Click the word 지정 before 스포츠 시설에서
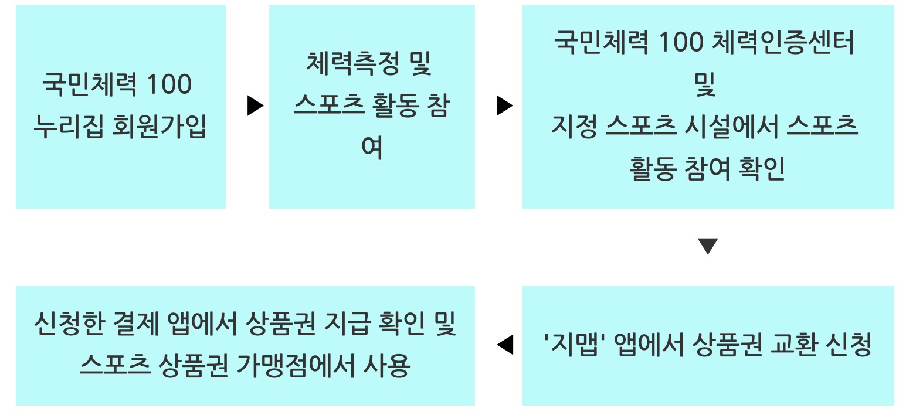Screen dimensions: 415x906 (573, 127)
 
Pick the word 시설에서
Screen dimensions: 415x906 (731, 127)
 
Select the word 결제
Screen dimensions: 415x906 (133, 324)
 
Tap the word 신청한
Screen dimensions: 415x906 (65, 324)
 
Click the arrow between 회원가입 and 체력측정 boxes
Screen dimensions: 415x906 (255, 106)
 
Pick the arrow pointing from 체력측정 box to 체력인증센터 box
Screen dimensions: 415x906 (504, 106)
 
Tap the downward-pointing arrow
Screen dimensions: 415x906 (708, 246)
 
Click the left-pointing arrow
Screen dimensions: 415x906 (505, 345)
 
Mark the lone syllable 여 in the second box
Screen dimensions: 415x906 (372, 148)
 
